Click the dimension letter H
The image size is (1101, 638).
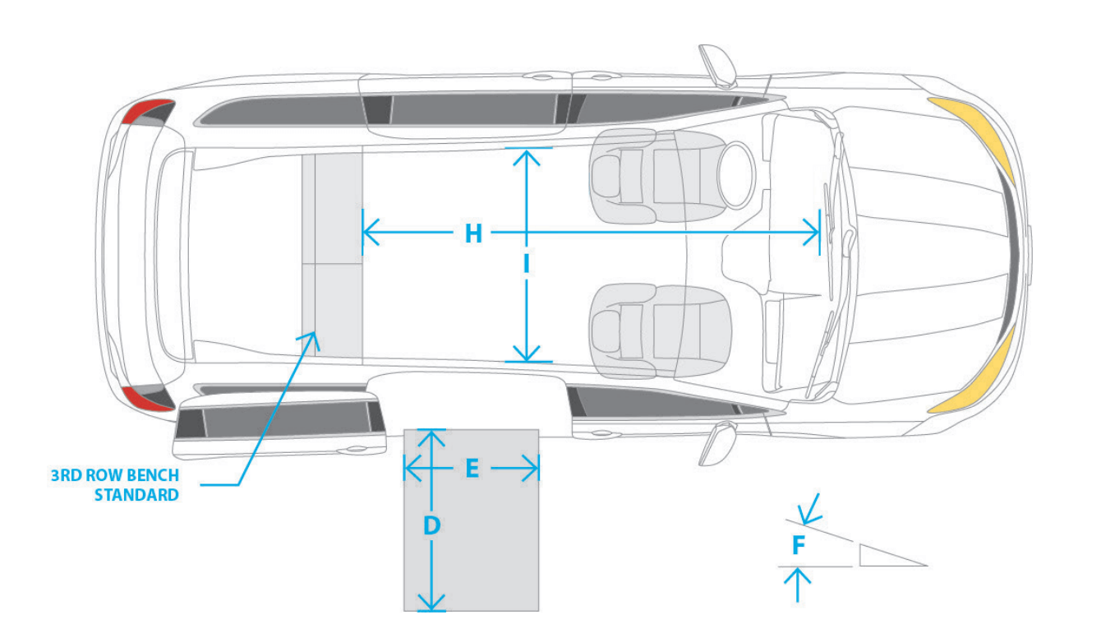pyautogui.click(x=474, y=233)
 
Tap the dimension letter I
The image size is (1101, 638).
pyautogui.click(x=527, y=264)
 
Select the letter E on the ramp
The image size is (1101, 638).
pyautogui.click(x=472, y=469)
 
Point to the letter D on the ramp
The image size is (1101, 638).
pyautogui.click(x=431, y=525)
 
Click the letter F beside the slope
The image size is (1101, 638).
pyautogui.click(x=799, y=545)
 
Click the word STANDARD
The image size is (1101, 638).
pyautogui.click(x=136, y=495)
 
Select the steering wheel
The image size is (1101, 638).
pyautogui.click(x=736, y=176)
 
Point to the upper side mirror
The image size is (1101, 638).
pyautogui.click(x=718, y=67)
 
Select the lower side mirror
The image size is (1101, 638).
pyautogui.click(x=718, y=443)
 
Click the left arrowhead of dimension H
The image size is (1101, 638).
pyautogui.click(x=371, y=232)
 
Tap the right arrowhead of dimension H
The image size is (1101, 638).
pyautogui.click(x=810, y=232)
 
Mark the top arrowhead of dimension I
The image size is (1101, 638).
pyautogui.click(x=527, y=157)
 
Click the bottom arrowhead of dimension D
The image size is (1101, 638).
pyautogui.click(x=431, y=602)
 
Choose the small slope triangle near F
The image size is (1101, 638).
pyautogui.click(x=892, y=555)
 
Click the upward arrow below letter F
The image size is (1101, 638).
pyautogui.click(x=797, y=585)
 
